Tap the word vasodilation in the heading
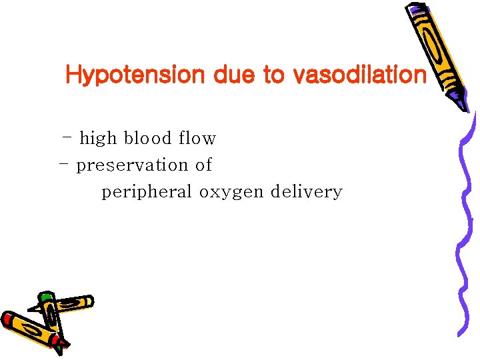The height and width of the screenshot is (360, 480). coord(359,75)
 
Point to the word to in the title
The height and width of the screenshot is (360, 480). coord(273,75)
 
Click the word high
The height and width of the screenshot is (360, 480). coord(98,139)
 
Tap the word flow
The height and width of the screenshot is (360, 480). coord(197,139)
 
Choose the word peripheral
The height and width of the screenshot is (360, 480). coord(147,193)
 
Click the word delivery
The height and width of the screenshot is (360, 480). coord(307,193)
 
